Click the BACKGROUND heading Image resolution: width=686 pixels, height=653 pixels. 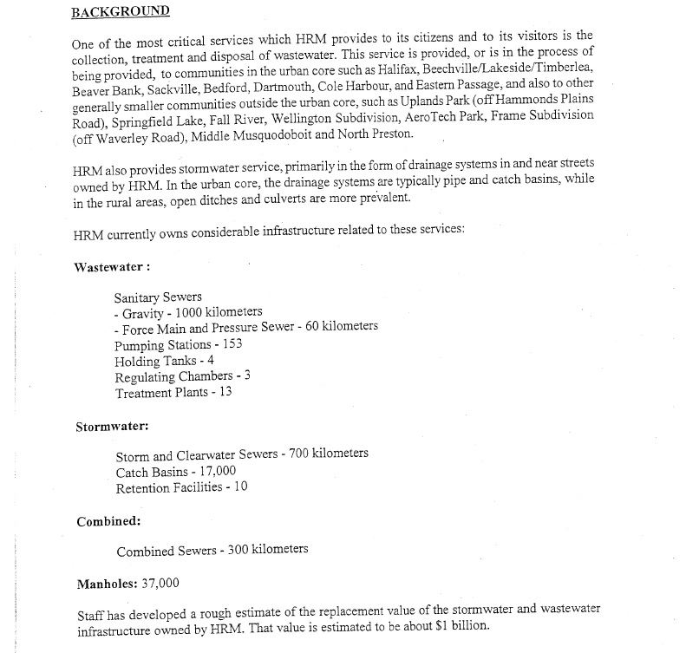121,12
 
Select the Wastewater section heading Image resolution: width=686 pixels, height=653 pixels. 113,266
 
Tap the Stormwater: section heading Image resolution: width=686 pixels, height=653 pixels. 111,427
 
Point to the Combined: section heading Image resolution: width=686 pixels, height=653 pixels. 108,521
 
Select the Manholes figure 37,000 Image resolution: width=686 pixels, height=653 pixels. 160,584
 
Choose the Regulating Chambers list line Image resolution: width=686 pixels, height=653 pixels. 182,375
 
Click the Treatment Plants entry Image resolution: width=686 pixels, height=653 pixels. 173,392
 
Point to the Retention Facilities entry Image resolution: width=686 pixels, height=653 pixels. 181,486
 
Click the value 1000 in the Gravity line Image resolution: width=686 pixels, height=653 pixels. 187,311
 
